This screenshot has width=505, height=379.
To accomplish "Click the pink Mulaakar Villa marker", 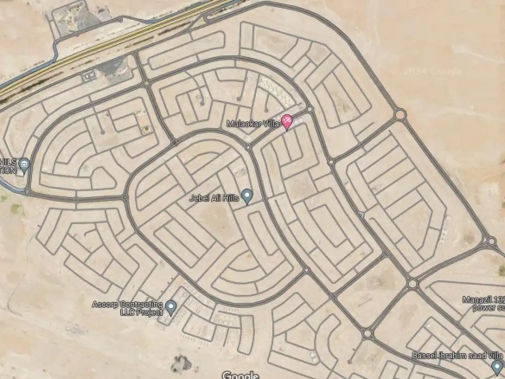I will [x=288, y=123].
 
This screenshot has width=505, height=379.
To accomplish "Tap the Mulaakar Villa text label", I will [x=252, y=124].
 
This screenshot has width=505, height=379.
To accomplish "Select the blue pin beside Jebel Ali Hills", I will [x=246, y=196].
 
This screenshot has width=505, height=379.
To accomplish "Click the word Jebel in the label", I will [x=200, y=198].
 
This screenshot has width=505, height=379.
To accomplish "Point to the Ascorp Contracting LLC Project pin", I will [x=170, y=307].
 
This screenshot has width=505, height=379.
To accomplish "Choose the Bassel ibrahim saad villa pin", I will [x=496, y=367].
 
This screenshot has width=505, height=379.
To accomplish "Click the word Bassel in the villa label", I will [x=425, y=356].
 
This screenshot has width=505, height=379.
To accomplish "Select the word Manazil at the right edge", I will [x=477, y=299].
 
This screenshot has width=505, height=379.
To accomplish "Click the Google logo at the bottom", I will [x=240, y=375].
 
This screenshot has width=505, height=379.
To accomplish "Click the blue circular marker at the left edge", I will [x=24, y=164].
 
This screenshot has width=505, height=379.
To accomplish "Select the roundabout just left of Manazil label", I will [x=412, y=284].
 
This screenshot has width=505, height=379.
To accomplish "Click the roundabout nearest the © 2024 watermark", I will [x=400, y=113].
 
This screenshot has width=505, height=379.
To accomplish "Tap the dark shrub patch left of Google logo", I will [x=180, y=361].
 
